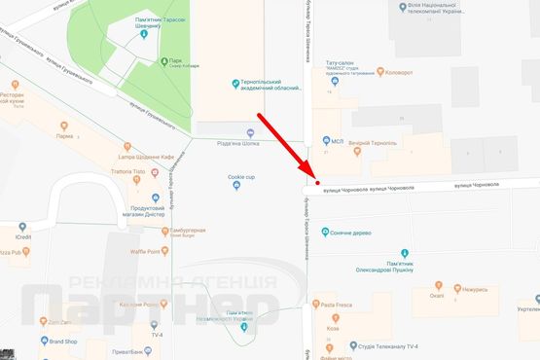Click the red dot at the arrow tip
pos(317,182)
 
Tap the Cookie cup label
pos(241,177)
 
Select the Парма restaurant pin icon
pos(64,126)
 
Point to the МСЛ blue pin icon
pos(324,141)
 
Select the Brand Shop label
pos(64,342)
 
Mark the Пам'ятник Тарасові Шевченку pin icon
pos(143,34)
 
